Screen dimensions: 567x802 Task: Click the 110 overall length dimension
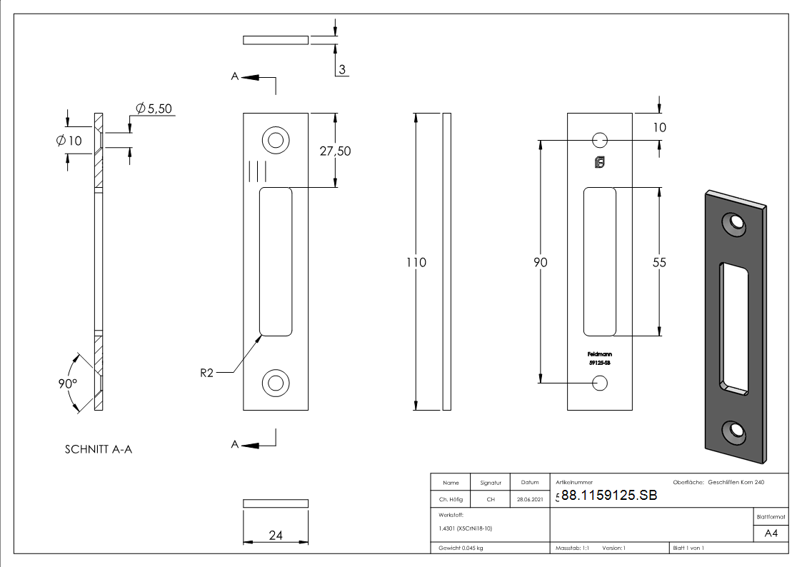pyautogui.click(x=416, y=263)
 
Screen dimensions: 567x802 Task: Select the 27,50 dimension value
pyautogui.click(x=335, y=151)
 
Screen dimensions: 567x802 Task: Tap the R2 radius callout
pyautogui.click(x=206, y=373)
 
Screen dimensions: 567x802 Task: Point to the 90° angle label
pyautogui.click(x=68, y=383)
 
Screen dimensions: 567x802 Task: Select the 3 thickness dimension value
pyautogui.click(x=342, y=69)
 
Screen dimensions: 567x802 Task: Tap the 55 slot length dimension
pyautogui.click(x=658, y=263)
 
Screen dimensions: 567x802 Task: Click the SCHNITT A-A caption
pyautogui.click(x=99, y=450)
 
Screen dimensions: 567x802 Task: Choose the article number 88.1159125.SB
pyautogui.click(x=609, y=496)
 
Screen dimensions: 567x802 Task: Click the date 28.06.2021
pyautogui.click(x=529, y=500)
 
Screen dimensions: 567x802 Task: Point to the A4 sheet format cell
pyautogui.click(x=771, y=533)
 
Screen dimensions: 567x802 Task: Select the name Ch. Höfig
pyautogui.click(x=451, y=500)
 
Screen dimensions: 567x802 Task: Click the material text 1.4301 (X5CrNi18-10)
pyautogui.click(x=465, y=528)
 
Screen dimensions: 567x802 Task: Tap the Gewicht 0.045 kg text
pyautogui.click(x=461, y=548)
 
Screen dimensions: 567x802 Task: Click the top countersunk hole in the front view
pyautogui.click(x=274, y=139)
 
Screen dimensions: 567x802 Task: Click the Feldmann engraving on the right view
pyautogui.click(x=599, y=354)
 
